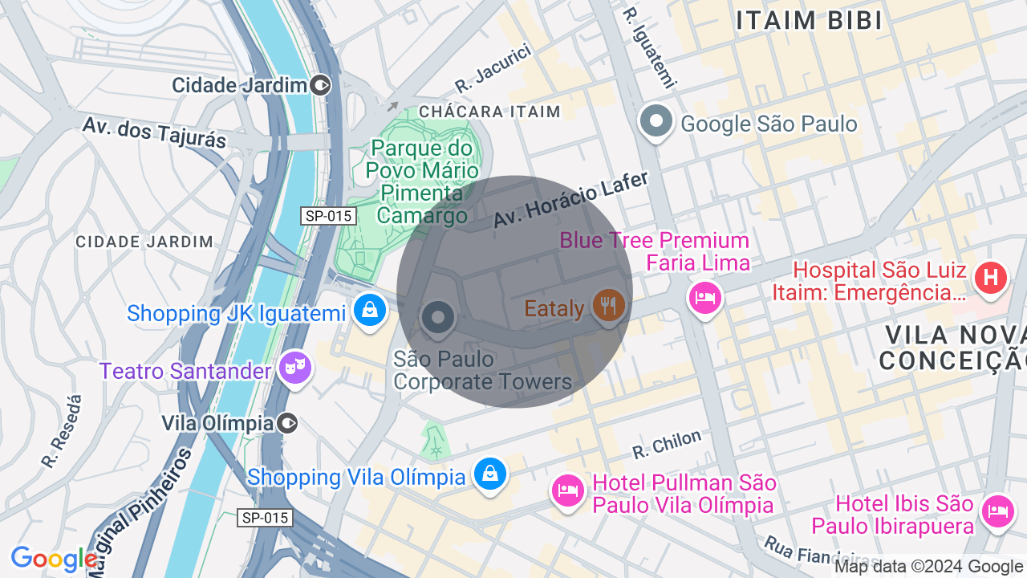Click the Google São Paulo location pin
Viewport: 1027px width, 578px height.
click(x=656, y=122)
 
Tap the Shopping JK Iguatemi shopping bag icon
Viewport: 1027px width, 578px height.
click(x=369, y=310)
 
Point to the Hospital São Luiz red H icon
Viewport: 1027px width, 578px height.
click(x=989, y=279)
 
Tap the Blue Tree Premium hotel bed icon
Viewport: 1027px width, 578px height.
click(x=704, y=298)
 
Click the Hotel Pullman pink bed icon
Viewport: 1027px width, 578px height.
click(x=568, y=490)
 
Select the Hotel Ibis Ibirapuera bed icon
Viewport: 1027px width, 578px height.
click(x=997, y=510)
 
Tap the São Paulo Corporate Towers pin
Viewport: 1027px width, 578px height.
click(x=438, y=317)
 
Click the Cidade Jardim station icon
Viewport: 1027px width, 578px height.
click(x=320, y=85)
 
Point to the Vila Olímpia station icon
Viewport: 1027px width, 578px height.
click(x=287, y=423)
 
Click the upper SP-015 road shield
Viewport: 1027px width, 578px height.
click(x=328, y=216)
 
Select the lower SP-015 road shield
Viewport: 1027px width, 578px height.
click(x=265, y=518)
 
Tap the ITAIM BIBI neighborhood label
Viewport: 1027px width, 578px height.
click(x=809, y=21)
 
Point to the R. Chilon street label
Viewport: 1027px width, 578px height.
click(x=667, y=445)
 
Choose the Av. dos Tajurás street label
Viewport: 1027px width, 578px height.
click(x=155, y=132)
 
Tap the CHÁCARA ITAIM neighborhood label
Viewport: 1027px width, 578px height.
click(x=489, y=112)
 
